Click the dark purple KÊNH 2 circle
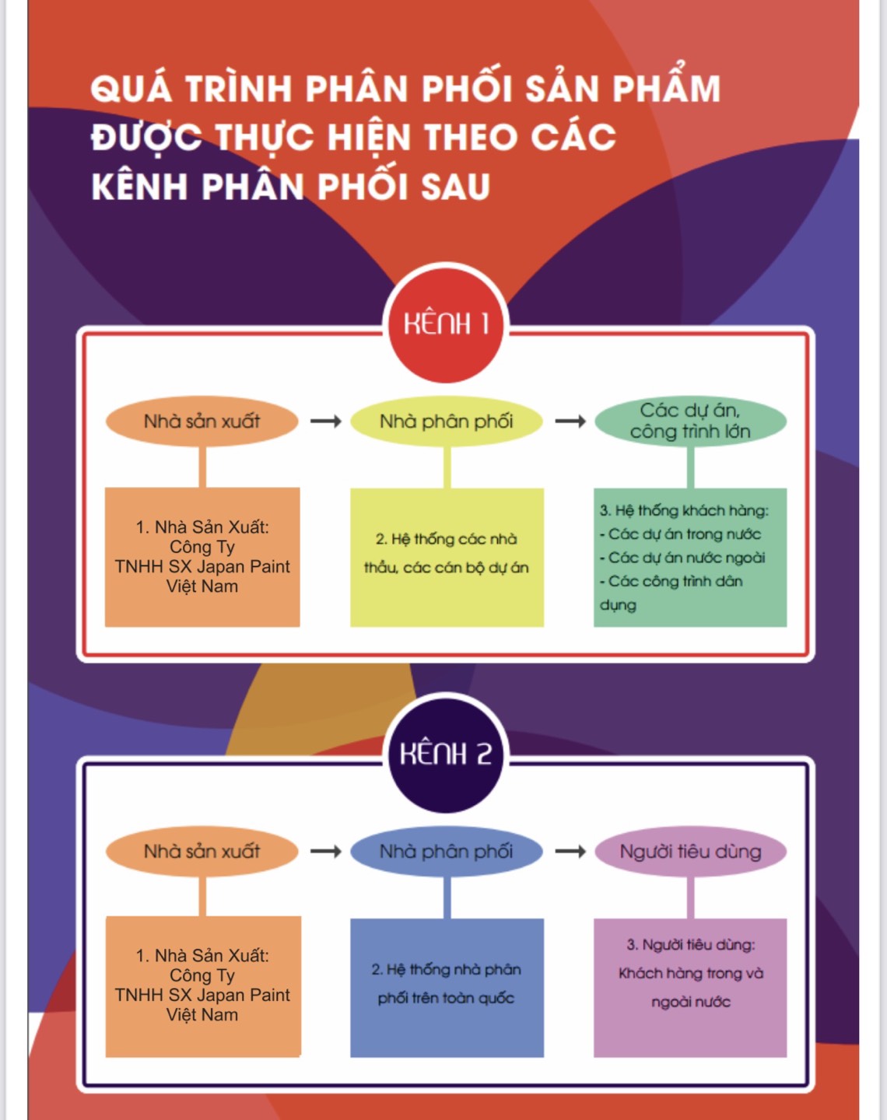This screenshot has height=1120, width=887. pos(446,754)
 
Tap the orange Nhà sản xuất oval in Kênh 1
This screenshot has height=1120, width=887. pos(202,421)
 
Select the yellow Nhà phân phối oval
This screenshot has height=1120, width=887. pos(447,421)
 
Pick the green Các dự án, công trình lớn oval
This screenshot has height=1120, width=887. pos(691,421)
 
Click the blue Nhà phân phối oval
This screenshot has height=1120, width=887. pos(447,852)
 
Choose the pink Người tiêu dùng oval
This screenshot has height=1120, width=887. pos(691,852)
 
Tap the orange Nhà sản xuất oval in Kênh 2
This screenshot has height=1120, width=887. pos(202,852)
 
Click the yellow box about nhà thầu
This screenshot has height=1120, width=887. pos(447,558)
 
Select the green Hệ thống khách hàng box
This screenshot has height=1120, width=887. pos(690,558)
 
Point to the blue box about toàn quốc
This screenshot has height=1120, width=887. pos(447,988)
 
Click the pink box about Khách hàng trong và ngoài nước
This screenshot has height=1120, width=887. pos(690,988)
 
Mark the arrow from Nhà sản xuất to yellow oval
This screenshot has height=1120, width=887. pos(326,421)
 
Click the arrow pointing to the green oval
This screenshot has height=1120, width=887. pos(571,421)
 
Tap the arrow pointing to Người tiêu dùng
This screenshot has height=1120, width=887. pos(571,852)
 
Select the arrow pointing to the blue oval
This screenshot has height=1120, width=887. pos(326,852)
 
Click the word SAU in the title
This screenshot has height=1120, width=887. pos(456,187)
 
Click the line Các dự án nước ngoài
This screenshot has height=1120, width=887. pos(683,558)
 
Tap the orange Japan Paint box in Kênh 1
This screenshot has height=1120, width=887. pos(202,557)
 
